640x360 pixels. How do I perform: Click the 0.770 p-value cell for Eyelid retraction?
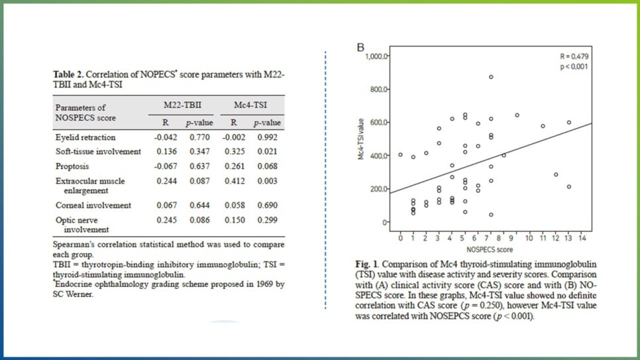pyautogui.click(x=197, y=138)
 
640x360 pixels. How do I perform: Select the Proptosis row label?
pyautogui.click(x=72, y=166)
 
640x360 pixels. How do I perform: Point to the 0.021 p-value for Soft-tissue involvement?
pyautogui.click(x=267, y=152)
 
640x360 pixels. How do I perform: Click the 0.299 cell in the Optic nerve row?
pyautogui.click(x=267, y=219)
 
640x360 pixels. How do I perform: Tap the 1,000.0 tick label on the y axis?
pyautogui.click(x=377, y=57)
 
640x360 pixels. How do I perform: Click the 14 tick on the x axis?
pyautogui.click(x=582, y=237)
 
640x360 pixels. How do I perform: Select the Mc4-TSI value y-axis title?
pyautogui.click(x=362, y=140)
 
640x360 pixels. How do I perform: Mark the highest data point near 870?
pyautogui.click(x=491, y=77)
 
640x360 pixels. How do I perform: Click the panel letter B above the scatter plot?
pyautogui.click(x=361, y=47)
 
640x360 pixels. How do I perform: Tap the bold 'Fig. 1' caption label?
pyautogui.click(x=366, y=265)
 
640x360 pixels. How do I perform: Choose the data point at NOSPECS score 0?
pyautogui.click(x=400, y=154)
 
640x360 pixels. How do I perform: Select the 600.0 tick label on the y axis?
pyautogui.click(x=379, y=123)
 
